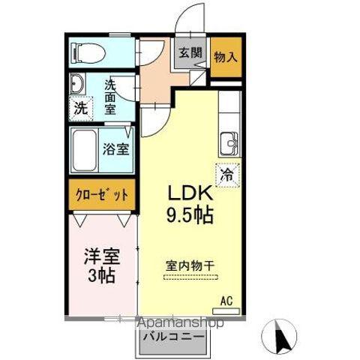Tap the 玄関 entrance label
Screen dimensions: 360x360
190,53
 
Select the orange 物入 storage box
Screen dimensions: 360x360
225,56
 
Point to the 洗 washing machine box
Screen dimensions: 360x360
80,106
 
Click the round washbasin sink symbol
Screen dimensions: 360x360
77,83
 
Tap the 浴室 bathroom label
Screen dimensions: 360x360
115,147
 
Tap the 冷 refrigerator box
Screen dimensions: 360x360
226,174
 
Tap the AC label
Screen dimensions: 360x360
226,301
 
